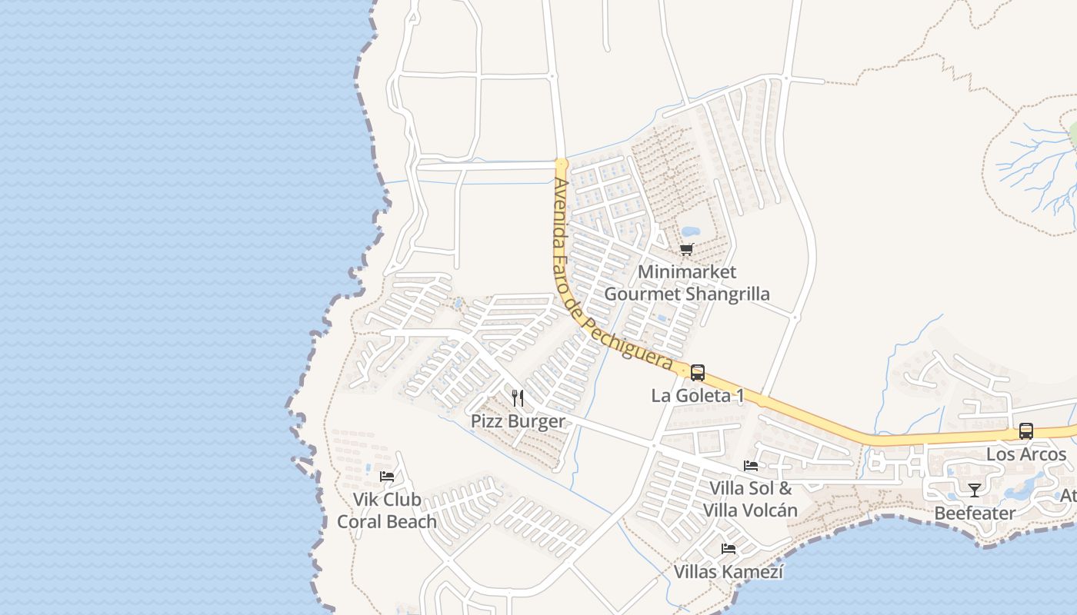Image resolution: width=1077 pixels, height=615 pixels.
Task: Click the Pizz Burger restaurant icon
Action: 518,397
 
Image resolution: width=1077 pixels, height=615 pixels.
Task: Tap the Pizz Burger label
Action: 518,421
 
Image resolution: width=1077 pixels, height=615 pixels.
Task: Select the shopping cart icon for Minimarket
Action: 687,249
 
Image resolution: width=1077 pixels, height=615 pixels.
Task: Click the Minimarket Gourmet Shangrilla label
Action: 687,283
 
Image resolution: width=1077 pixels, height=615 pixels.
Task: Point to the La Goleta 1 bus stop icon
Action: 698,373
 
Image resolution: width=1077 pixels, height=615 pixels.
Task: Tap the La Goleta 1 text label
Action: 698,396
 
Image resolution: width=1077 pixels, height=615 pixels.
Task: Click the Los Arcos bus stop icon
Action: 1026,431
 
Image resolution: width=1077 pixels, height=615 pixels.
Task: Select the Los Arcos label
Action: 1026,454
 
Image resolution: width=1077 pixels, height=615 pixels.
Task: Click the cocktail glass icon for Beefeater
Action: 975,490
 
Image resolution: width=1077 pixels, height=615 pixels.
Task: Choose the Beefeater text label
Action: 975,513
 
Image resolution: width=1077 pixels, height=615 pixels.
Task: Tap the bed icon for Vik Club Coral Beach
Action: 387,477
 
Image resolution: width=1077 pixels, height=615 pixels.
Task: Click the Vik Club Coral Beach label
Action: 387,510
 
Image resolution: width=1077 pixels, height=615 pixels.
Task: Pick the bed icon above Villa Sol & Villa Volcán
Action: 751,465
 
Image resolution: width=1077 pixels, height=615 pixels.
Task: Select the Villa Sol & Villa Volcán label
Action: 750,499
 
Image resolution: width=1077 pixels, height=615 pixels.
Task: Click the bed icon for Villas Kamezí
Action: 729,549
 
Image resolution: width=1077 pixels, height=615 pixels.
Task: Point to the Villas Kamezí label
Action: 729,572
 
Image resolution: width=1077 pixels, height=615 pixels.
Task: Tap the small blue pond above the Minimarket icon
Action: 690,231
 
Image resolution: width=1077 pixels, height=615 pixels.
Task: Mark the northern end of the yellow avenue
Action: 562,164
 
